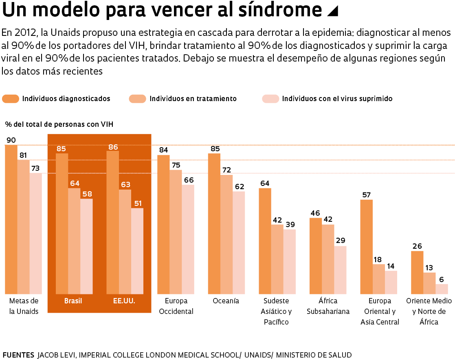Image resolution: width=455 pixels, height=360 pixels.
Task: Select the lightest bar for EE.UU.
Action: point(137,251)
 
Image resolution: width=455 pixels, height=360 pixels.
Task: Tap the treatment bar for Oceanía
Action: point(226,234)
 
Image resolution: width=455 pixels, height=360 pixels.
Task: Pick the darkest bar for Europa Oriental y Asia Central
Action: point(367,247)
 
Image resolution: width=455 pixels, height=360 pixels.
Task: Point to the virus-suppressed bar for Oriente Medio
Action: point(442,289)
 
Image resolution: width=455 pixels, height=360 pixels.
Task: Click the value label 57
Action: point(366,195)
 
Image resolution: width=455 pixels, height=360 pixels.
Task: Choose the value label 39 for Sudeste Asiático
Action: point(290,224)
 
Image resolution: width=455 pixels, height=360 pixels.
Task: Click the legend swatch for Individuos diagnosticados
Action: point(11,99)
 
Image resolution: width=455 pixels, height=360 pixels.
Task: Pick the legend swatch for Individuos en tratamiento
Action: point(138,99)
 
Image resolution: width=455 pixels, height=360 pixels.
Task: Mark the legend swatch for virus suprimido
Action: point(270,99)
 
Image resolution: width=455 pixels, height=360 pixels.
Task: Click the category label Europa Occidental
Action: point(176,306)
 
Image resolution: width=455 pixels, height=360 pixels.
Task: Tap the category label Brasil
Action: point(73,301)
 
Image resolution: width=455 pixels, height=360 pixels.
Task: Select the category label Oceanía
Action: point(226,301)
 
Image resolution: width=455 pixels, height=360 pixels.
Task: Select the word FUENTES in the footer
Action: point(18,355)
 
